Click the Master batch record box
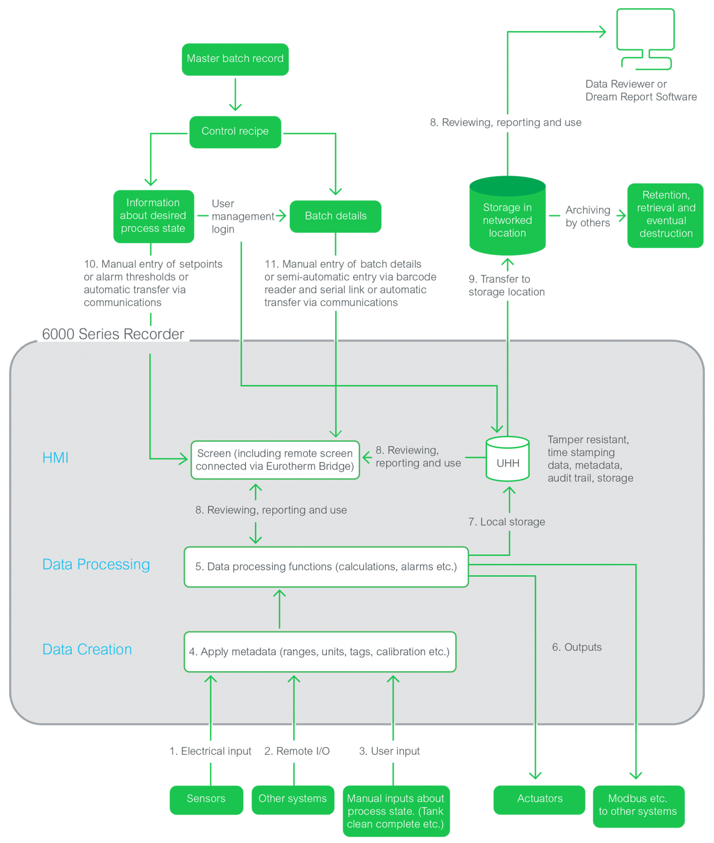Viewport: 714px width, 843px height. [x=235, y=59]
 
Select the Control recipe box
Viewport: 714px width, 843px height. [x=235, y=132]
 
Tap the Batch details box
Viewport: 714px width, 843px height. [x=335, y=216]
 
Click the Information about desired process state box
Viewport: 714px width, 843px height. [x=153, y=216]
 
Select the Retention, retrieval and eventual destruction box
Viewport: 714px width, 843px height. [x=665, y=215]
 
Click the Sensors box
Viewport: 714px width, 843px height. [x=206, y=799]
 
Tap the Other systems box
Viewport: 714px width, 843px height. [x=293, y=799]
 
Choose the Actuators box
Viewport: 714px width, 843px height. [x=539, y=799]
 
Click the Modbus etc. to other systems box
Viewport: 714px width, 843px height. [x=638, y=806]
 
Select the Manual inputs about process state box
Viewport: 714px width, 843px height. [x=396, y=811]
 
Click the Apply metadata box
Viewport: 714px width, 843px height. [x=320, y=652]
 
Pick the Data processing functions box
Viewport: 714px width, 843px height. [x=326, y=567]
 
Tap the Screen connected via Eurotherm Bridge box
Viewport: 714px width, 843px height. [x=275, y=460]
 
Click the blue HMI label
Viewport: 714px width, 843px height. [x=55, y=458]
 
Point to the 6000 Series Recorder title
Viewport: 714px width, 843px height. [x=113, y=334]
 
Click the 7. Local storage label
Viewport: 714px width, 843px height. [x=507, y=522]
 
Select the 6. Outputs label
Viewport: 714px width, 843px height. [x=576, y=648]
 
